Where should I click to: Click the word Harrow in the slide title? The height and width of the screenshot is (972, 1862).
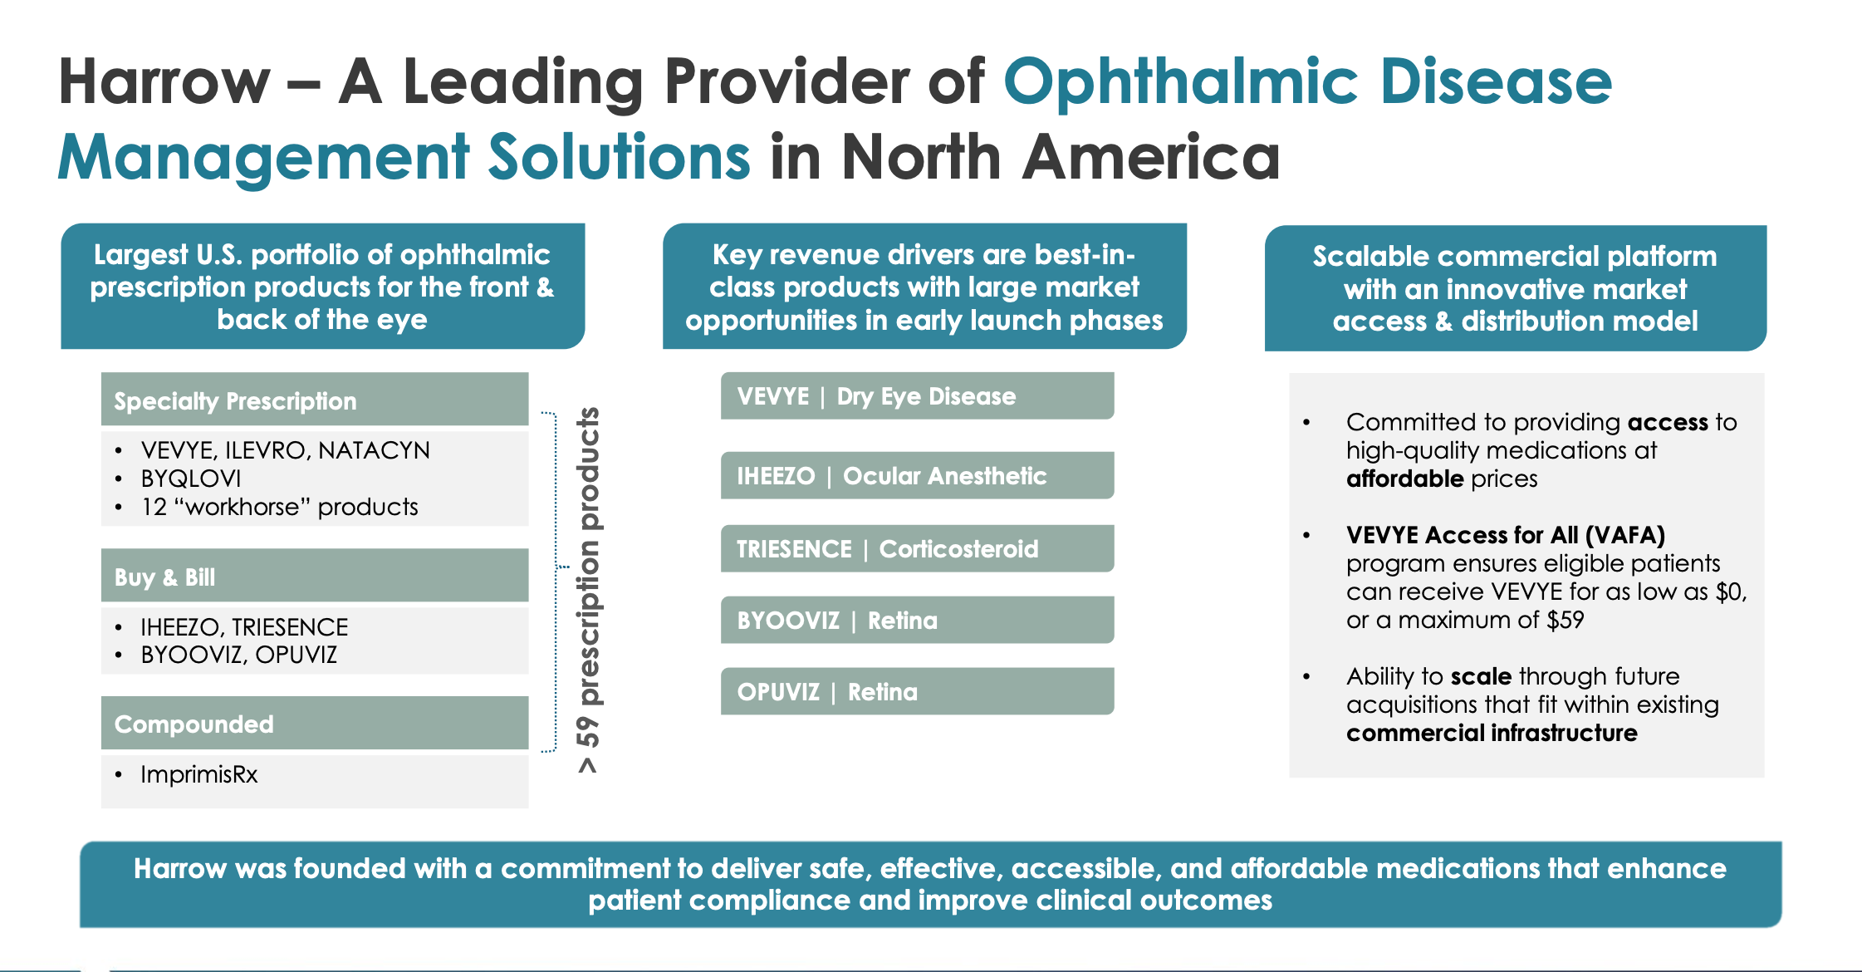(x=164, y=82)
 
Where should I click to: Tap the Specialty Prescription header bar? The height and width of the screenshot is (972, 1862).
(x=314, y=400)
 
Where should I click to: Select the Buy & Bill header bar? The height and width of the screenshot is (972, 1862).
(x=314, y=577)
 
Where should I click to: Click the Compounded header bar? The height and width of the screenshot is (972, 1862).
(x=314, y=724)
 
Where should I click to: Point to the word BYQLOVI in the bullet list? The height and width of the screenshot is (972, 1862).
(x=191, y=479)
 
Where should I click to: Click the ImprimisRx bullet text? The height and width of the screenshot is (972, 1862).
(x=199, y=774)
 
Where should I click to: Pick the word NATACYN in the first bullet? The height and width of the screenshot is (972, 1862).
(x=374, y=450)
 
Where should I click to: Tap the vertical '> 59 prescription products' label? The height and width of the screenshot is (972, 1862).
(x=588, y=590)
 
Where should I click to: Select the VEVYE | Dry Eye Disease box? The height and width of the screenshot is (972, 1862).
(x=917, y=396)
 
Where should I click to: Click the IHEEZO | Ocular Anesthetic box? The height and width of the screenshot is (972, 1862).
(x=917, y=476)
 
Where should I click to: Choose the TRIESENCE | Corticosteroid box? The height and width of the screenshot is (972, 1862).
(x=917, y=549)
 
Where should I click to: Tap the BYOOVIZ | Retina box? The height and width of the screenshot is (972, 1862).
(x=917, y=621)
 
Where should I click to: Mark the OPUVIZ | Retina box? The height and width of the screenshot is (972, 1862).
(x=917, y=692)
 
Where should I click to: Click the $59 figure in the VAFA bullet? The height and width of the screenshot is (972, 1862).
(x=1566, y=620)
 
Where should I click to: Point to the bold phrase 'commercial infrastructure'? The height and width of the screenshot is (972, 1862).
(x=1492, y=733)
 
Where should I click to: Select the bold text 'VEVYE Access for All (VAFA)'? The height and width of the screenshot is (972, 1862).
(x=1505, y=535)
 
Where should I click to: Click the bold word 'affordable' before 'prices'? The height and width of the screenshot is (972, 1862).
(x=1404, y=479)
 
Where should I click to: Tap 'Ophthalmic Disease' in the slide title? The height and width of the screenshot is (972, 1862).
(x=1307, y=82)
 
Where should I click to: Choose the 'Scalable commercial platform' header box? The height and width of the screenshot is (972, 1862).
(x=1515, y=288)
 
